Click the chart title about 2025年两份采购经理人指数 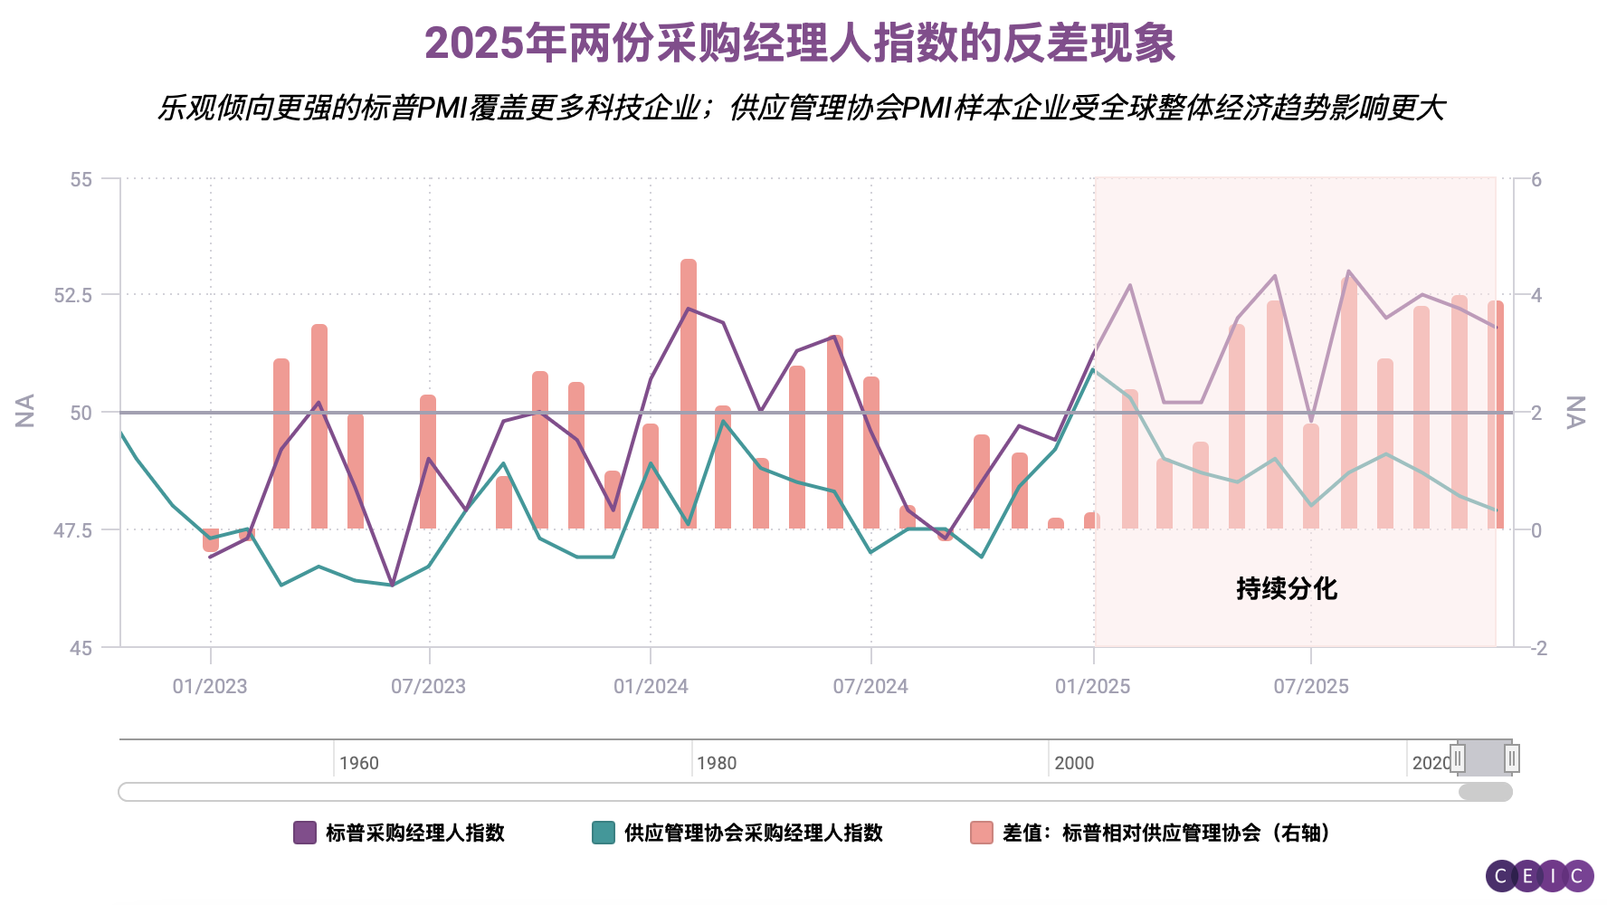click(800, 43)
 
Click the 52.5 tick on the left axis click(73, 295)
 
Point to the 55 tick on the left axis click(81, 179)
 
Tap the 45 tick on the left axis click(81, 648)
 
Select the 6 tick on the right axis click(1536, 179)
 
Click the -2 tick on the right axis click(1538, 648)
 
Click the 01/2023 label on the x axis click(210, 686)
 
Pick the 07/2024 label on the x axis click(870, 686)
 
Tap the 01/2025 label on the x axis click(1093, 686)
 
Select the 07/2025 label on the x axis click(1311, 686)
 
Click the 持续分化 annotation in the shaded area click(1287, 588)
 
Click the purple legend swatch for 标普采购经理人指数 click(305, 833)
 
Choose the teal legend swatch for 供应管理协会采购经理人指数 click(604, 833)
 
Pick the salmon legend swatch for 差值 click(982, 833)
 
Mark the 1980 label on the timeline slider click(717, 763)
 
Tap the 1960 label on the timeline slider click(359, 763)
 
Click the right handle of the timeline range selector click(1511, 758)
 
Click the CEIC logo click(1539, 875)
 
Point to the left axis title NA click(25, 411)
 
